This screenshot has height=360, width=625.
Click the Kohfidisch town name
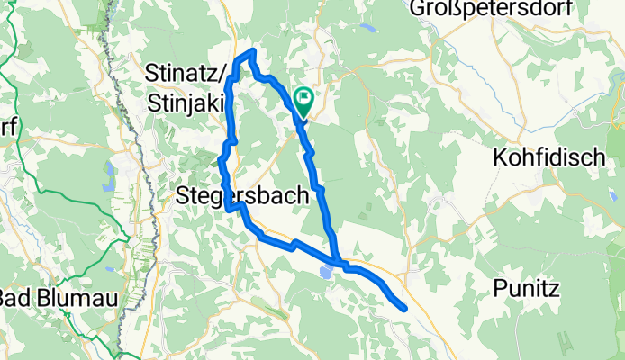[548, 157]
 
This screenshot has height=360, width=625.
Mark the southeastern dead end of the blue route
[404, 309]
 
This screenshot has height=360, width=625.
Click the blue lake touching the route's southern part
[325, 271]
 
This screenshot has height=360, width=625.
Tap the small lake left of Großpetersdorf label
[366, 27]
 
